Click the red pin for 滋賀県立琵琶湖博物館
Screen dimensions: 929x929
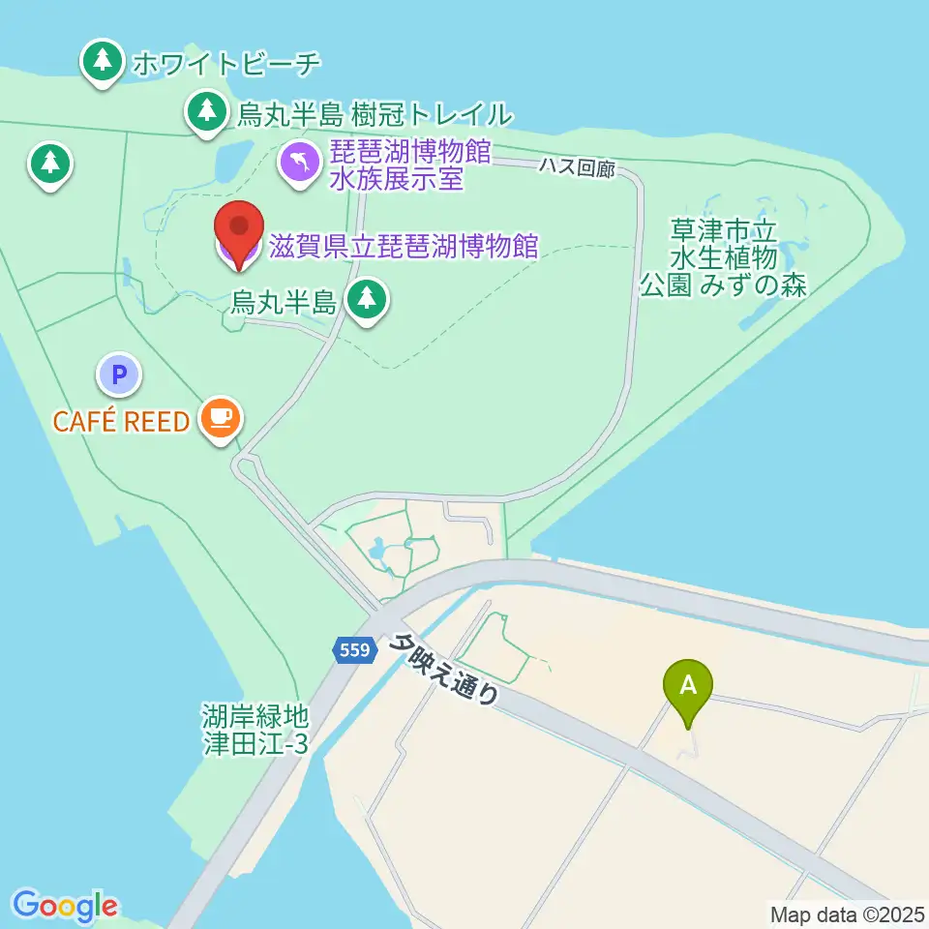[x=238, y=230]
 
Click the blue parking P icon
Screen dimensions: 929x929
[x=119, y=374]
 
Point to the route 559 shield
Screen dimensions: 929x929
[x=355, y=650]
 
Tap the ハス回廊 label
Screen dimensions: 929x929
[x=577, y=166]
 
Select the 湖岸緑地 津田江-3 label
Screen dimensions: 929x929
[x=255, y=730]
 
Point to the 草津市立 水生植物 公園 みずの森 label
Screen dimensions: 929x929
[x=724, y=258]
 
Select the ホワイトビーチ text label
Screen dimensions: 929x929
[x=225, y=64]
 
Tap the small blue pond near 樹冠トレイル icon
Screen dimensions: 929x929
[x=233, y=162]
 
